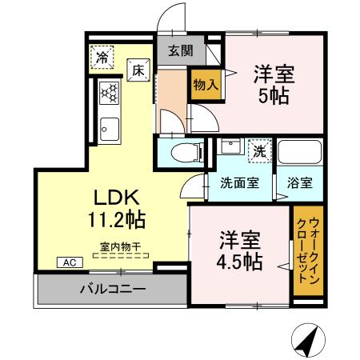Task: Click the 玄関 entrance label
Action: [x=181, y=50]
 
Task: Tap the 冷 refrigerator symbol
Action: [x=102, y=57]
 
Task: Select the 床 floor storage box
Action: [x=138, y=71]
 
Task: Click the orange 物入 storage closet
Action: [x=204, y=84]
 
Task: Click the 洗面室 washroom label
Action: [x=239, y=182]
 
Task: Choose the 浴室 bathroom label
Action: [x=299, y=182]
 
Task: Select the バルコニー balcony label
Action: [x=112, y=289]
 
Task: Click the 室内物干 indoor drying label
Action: [x=120, y=246]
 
